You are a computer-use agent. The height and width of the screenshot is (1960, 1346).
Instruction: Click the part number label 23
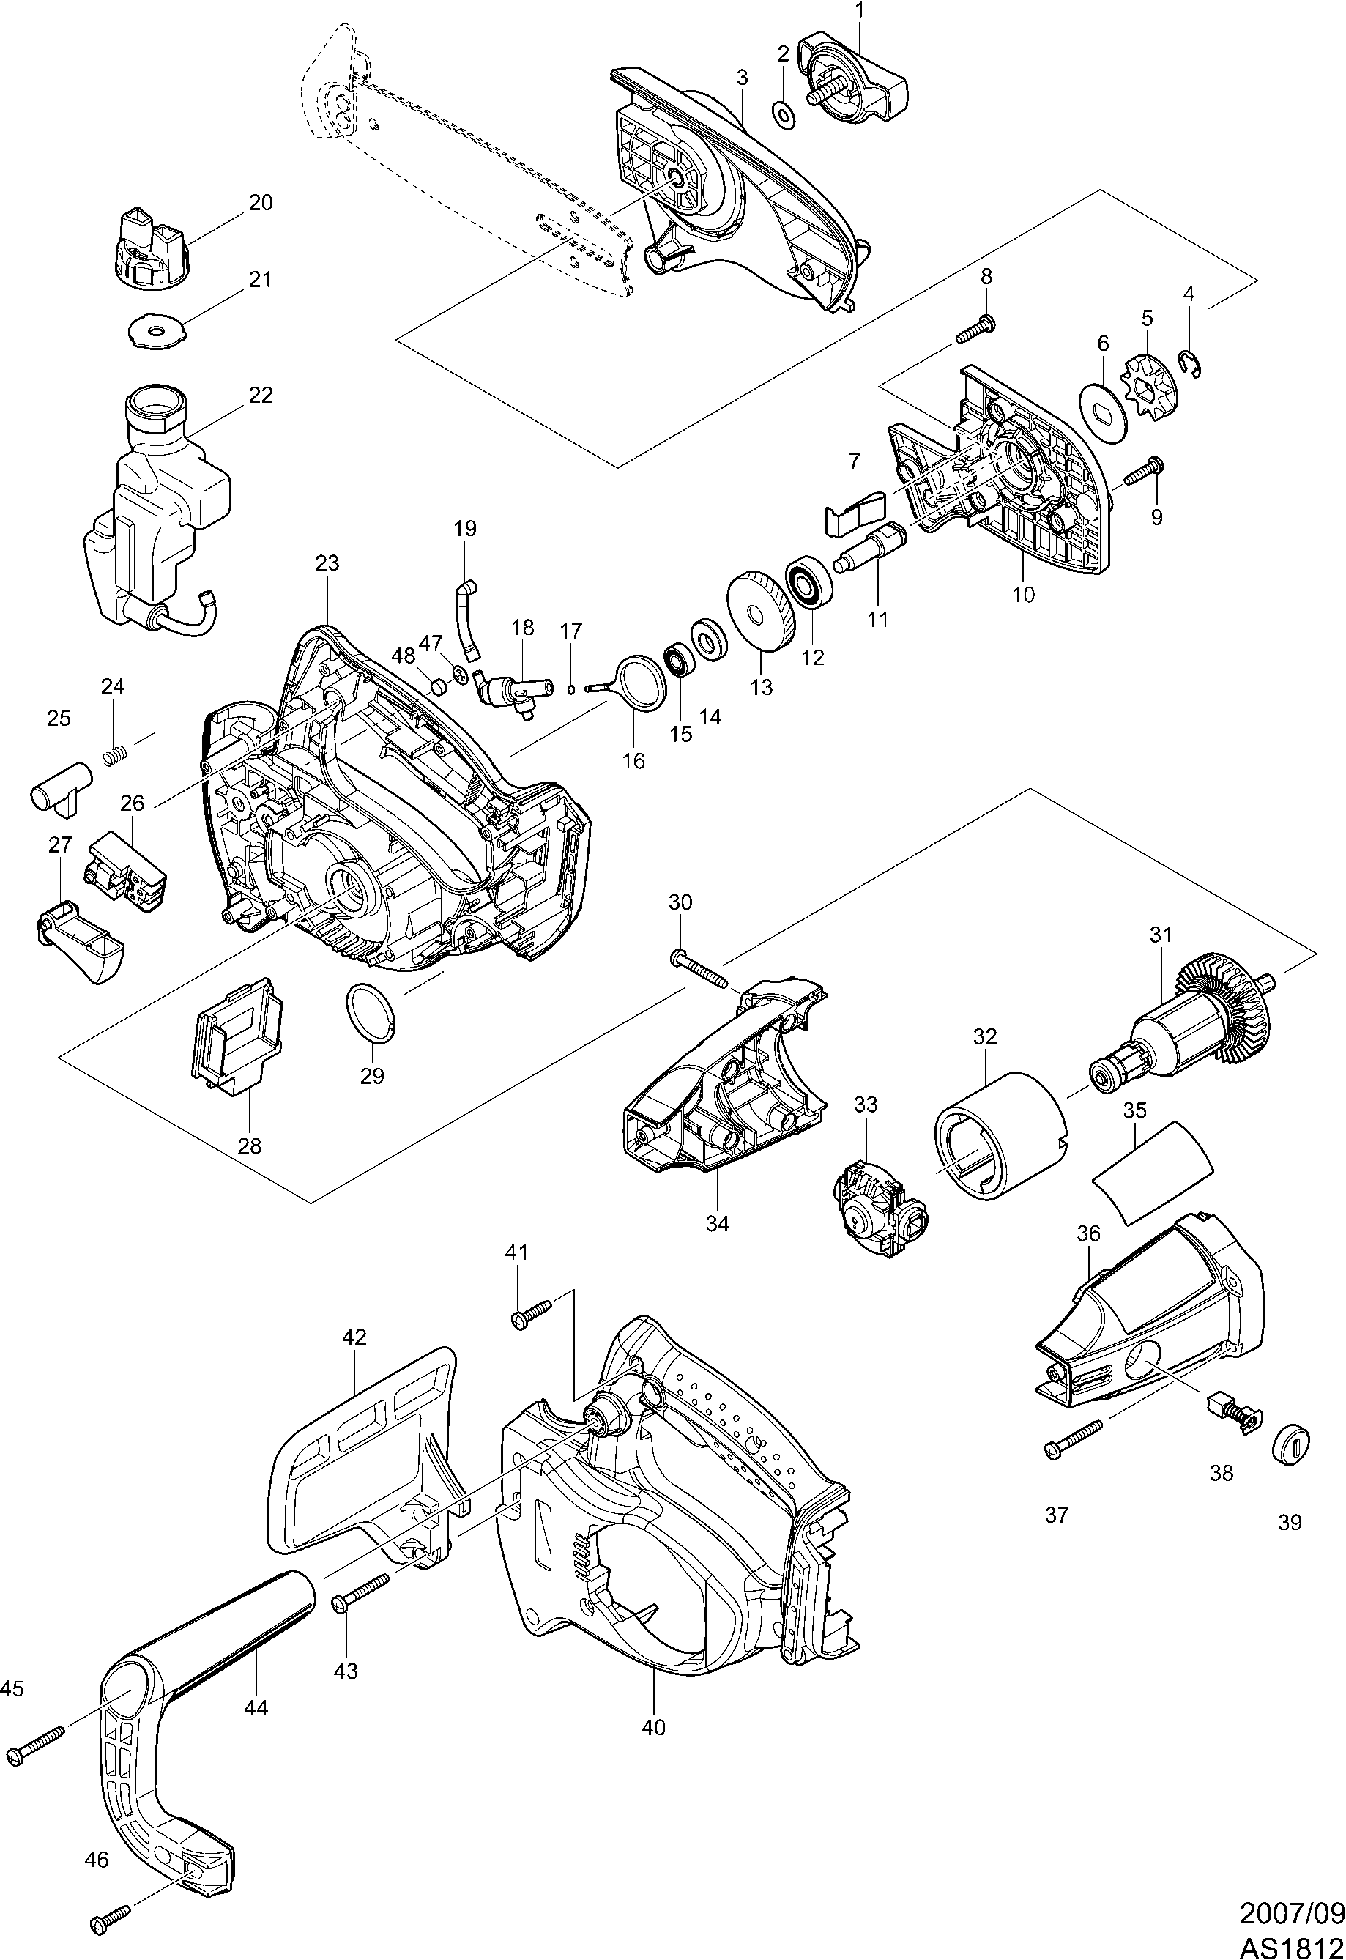[x=327, y=563]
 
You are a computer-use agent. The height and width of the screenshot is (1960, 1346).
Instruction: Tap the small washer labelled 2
[x=784, y=113]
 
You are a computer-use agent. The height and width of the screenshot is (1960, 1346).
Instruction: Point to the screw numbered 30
[x=701, y=968]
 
